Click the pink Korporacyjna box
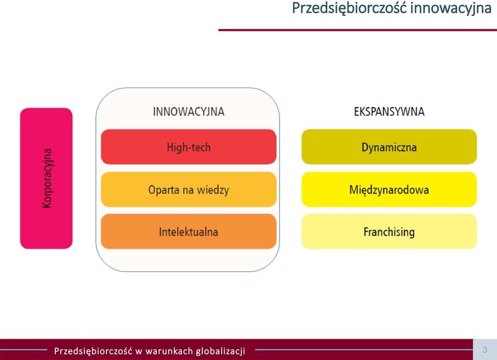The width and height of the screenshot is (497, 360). click(x=46, y=178)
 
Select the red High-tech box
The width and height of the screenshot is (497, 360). click(x=188, y=147)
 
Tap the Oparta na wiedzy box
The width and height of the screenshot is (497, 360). click(x=188, y=190)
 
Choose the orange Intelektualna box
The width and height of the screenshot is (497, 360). click(x=188, y=232)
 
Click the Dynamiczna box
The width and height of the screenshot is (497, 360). click(x=389, y=147)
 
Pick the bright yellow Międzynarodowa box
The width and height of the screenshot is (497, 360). click(x=389, y=190)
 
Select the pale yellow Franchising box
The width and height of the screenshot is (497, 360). click(x=389, y=232)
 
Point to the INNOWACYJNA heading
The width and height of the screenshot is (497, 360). click(x=188, y=112)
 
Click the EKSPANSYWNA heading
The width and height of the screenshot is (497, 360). click(x=389, y=112)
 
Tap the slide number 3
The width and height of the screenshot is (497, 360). click(x=485, y=350)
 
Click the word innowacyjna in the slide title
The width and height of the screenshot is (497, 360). click(x=451, y=8)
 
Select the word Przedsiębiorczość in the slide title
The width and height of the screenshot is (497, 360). click(x=349, y=8)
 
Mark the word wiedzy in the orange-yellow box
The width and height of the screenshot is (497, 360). click(x=213, y=190)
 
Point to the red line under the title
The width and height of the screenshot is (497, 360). click(x=358, y=30)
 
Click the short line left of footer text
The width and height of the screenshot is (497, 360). click(x=23, y=350)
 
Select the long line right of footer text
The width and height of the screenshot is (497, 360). click(x=364, y=350)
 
